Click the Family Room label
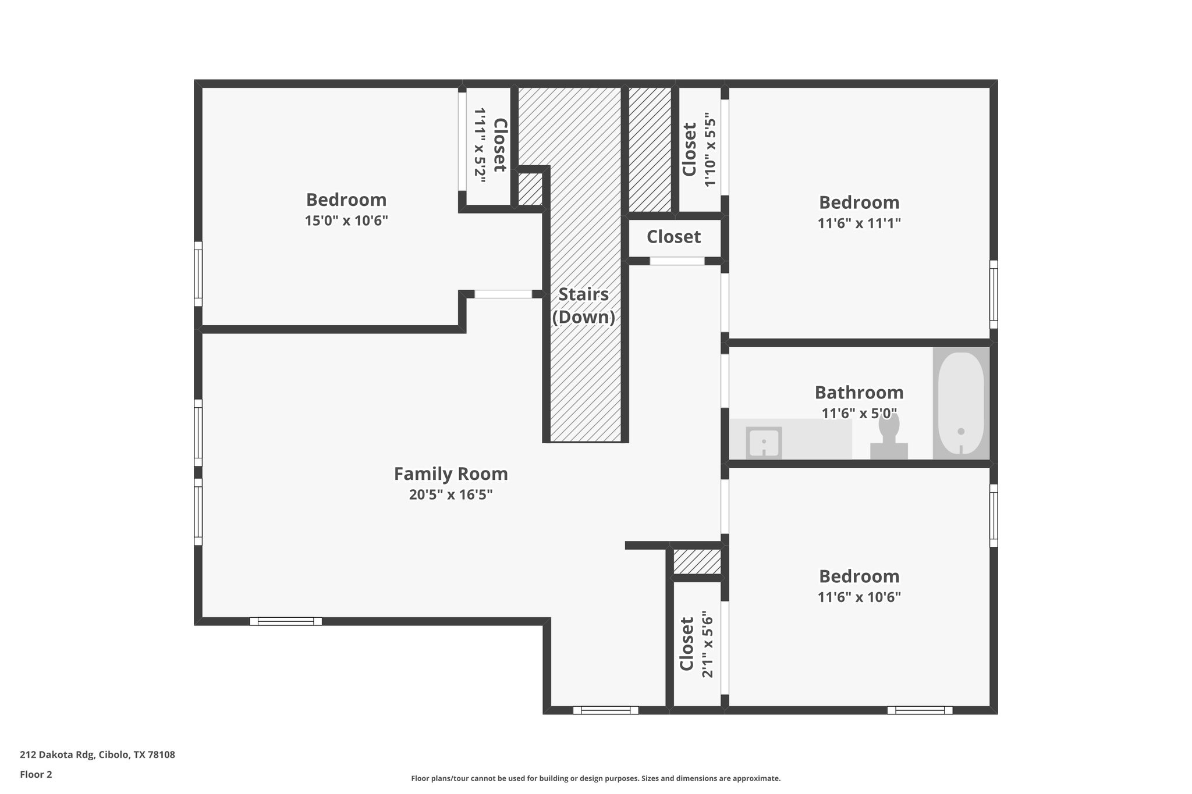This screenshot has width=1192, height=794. (x=450, y=474)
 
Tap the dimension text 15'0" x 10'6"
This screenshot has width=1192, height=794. (x=346, y=221)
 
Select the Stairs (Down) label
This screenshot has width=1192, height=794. (x=583, y=305)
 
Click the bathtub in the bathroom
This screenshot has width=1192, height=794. (x=960, y=403)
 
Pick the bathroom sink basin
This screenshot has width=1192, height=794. (x=764, y=443)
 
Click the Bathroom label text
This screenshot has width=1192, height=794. (x=858, y=393)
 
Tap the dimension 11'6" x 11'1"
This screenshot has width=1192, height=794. (x=859, y=223)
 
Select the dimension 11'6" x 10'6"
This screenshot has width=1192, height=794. (x=859, y=597)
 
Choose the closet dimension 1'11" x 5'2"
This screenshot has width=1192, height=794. (x=480, y=145)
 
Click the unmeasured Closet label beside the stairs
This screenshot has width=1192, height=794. (x=673, y=237)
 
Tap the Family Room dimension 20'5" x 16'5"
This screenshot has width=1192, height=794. (x=450, y=495)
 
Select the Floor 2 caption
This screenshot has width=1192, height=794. (x=36, y=774)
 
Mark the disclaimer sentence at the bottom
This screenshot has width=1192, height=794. (x=595, y=778)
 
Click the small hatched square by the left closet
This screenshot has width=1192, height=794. (x=530, y=189)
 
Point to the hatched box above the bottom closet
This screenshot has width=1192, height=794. (x=697, y=561)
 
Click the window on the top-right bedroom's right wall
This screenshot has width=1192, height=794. (x=994, y=294)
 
